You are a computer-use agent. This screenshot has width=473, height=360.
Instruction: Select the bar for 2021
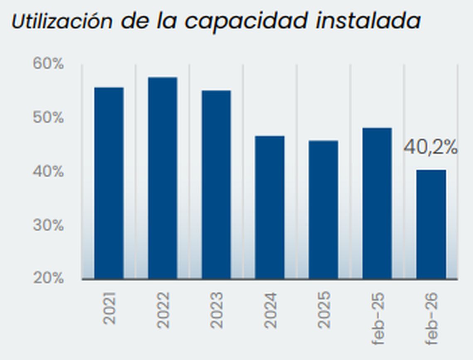pos(109,183)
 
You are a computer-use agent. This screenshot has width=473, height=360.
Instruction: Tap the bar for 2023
pos(216,184)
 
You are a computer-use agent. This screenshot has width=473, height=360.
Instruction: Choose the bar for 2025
pos(323,209)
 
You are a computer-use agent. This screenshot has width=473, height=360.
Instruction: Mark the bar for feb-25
pos(377,203)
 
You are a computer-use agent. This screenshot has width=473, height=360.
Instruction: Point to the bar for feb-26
pos(431,224)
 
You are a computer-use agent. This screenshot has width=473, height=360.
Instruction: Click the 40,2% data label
pos(431,148)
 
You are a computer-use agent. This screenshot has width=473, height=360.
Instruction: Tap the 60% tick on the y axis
pos(49,64)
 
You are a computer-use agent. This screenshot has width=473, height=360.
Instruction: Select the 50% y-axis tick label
pos(49,118)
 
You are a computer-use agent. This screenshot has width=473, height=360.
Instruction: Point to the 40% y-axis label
pos(49,171)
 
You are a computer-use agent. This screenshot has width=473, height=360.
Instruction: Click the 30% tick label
pos(49,225)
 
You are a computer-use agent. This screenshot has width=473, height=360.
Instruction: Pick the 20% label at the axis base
pos(49,278)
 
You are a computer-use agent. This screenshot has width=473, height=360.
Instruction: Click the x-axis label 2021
pos(110,308)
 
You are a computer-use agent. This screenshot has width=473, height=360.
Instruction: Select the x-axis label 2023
pos(217,310)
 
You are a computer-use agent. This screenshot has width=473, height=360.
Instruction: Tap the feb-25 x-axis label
pos(378,318)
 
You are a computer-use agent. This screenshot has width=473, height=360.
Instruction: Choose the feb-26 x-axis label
pos(432,318)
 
